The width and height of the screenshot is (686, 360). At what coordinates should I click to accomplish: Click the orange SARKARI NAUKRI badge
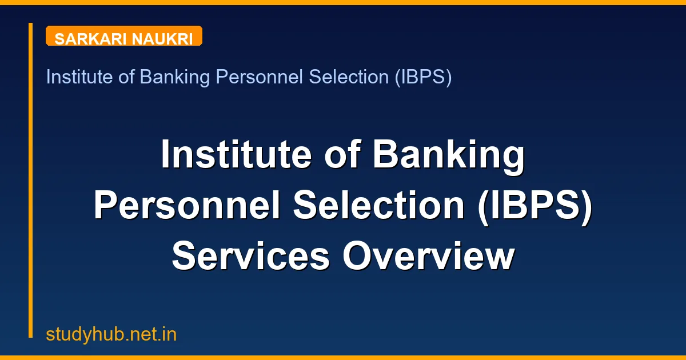(x=123, y=36)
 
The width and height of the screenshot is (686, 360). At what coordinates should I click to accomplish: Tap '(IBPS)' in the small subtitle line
(x=422, y=77)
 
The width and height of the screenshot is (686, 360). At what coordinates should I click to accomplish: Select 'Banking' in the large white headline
(x=449, y=155)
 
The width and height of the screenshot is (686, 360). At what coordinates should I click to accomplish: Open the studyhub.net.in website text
(x=111, y=334)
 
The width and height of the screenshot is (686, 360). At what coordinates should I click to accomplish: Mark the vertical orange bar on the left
(x=30, y=180)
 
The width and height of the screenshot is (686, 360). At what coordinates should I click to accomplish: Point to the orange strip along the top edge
(x=343, y=2)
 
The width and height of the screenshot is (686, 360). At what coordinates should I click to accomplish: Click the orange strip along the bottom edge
(x=343, y=358)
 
